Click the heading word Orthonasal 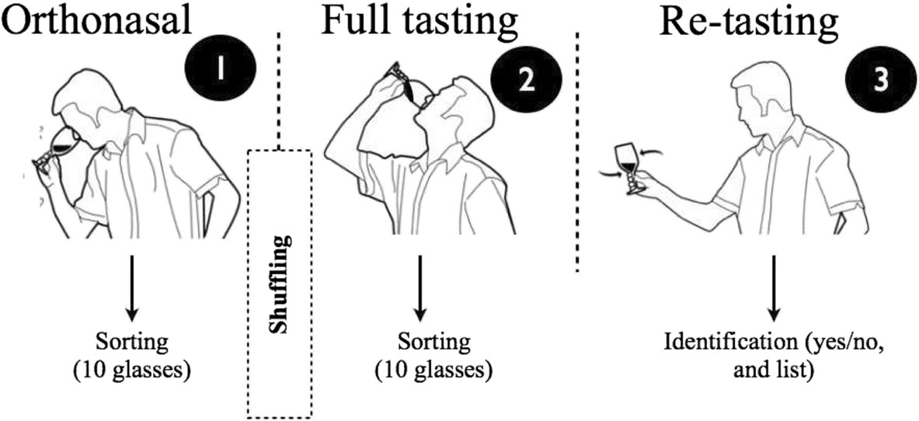(96, 24)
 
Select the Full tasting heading (419, 24)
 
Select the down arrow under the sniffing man (132, 287)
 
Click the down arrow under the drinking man (420, 287)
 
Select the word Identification (714, 343)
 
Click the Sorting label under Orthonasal (131, 343)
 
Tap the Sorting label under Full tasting (434, 343)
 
